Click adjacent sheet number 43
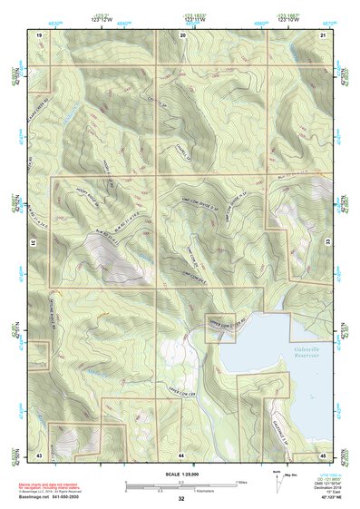point(39,453)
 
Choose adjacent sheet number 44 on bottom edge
point(182,453)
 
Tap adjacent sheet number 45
point(323,453)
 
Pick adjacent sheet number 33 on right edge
point(327,243)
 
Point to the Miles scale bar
point(181,483)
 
